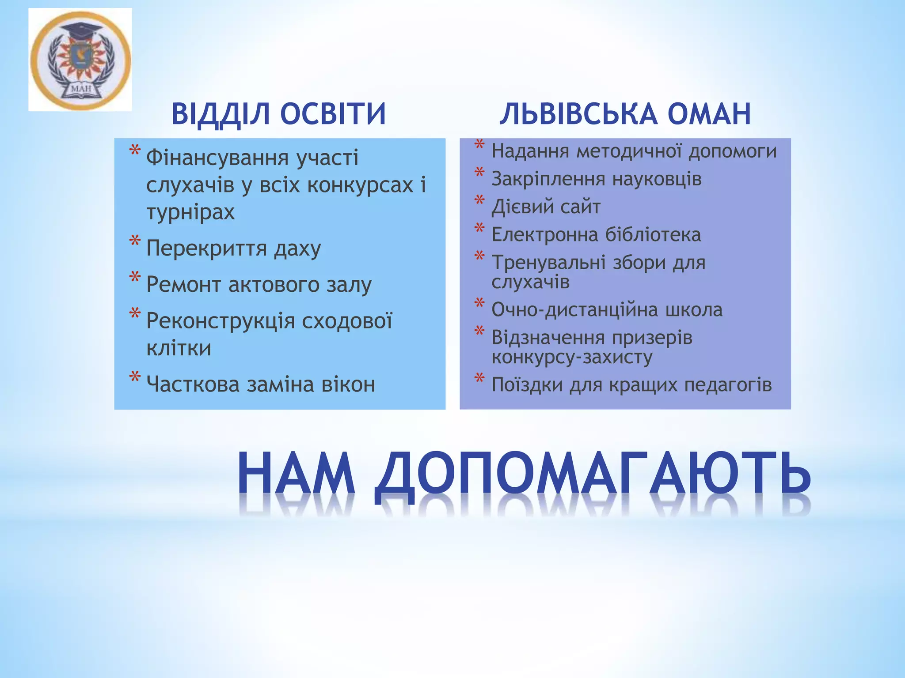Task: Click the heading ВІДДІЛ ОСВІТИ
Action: [279, 114]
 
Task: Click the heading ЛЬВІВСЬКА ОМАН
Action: [625, 114]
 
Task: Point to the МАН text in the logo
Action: [81, 91]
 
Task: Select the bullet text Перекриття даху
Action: [233, 249]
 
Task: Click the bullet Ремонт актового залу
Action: [259, 285]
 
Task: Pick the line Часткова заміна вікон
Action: [261, 384]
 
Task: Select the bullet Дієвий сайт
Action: [546, 207]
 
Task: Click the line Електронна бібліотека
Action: [596, 235]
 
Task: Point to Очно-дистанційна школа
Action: [607, 310]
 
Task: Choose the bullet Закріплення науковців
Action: [596, 179]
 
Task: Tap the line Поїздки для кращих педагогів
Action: [631, 385]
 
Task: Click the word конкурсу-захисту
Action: [572, 357]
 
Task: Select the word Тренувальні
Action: [548, 263]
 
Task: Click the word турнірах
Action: [190, 212]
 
